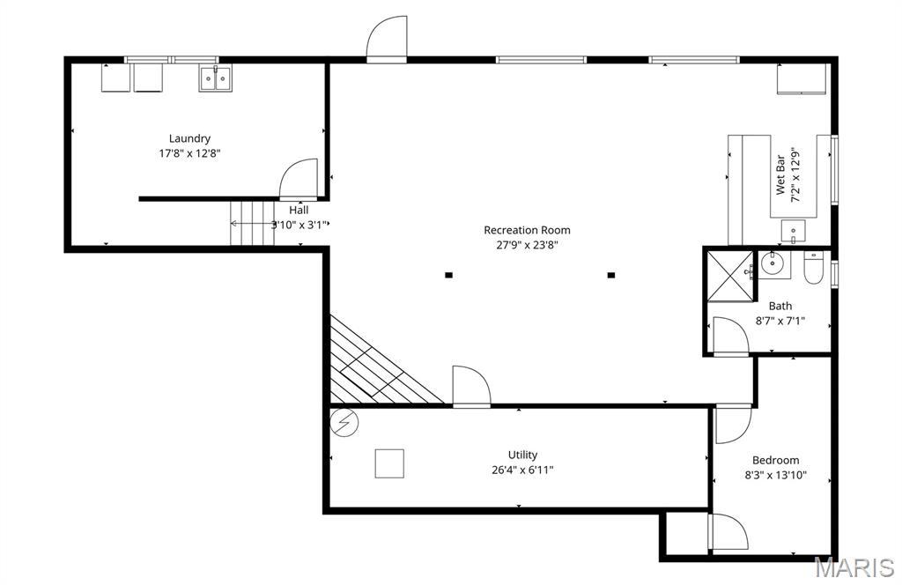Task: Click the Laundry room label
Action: tap(189, 138)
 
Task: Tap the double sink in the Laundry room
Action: tap(215, 79)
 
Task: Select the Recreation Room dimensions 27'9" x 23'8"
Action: tap(527, 245)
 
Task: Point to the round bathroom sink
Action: tap(773, 262)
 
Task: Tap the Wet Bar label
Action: tap(780, 176)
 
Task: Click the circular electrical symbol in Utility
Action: tap(344, 423)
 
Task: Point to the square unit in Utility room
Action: tap(389, 463)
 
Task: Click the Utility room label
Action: tap(522, 455)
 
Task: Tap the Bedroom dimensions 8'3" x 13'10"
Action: tap(775, 476)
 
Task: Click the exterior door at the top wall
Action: tap(387, 40)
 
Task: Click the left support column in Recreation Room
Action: tap(448, 275)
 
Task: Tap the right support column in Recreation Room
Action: tap(610, 275)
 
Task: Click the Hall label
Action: tap(299, 211)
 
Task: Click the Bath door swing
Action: tap(729, 337)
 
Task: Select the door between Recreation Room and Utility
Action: tap(470, 388)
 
